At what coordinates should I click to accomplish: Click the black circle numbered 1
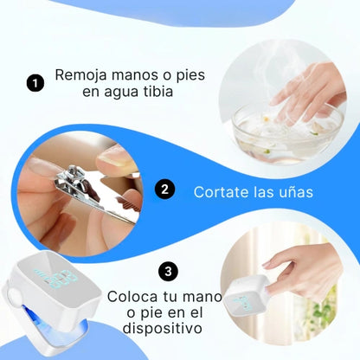35,83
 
